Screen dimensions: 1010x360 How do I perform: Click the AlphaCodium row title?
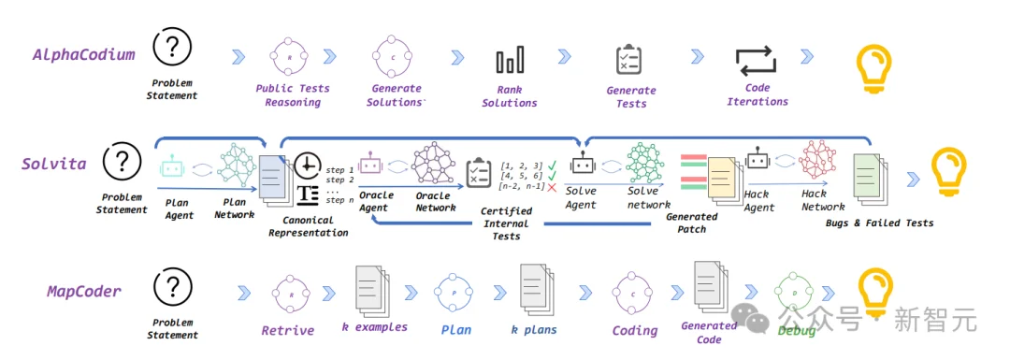click(84, 54)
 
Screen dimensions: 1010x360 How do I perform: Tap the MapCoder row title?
click(84, 291)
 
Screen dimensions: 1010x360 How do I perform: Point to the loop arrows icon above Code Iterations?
click(757, 61)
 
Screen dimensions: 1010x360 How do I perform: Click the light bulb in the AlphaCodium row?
click(873, 63)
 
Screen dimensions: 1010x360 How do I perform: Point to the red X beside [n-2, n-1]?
click(551, 187)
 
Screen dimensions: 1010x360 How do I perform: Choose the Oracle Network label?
click(436, 202)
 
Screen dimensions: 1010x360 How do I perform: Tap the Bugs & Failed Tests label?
click(879, 223)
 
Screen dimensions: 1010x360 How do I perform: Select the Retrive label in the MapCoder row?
click(288, 331)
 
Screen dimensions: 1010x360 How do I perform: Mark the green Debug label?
click(796, 331)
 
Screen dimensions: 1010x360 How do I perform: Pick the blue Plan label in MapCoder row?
click(456, 330)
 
